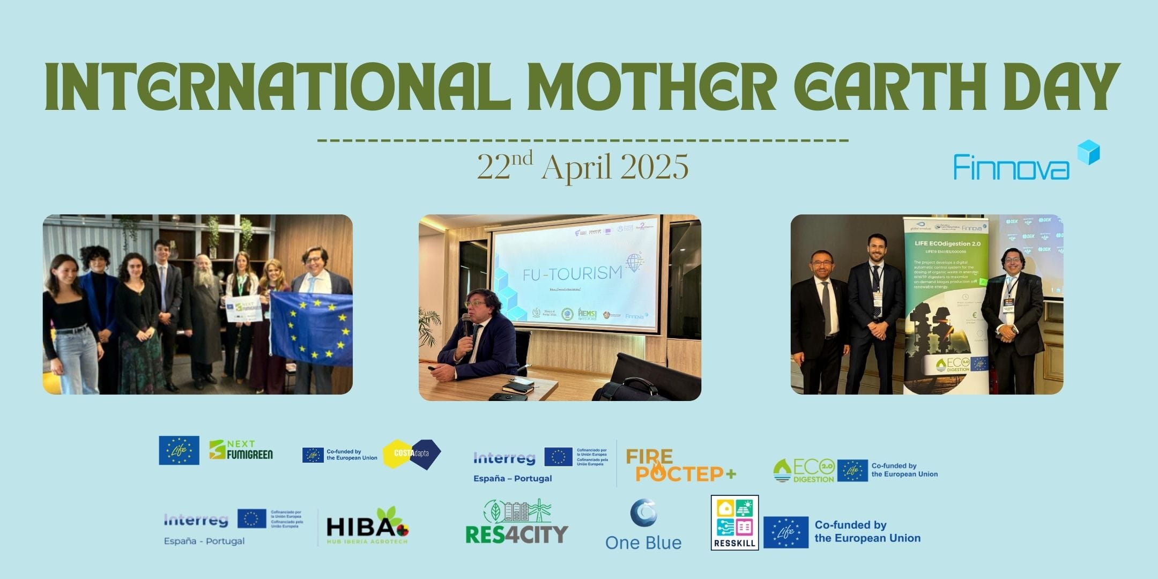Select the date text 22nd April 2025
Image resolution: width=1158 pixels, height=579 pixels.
pyautogui.click(x=583, y=167)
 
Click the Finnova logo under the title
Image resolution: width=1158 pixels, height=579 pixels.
pyautogui.click(x=1011, y=167)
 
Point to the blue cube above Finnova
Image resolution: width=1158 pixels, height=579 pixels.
pyautogui.click(x=1088, y=152)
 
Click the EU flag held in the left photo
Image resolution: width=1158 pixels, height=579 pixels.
pyautogui.click(x=311, y=330)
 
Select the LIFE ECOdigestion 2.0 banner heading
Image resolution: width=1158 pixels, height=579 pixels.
pyautogui.click(x=947, y=243)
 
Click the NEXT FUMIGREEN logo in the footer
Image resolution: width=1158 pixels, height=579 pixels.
pyautogui.click(x=241, y=450)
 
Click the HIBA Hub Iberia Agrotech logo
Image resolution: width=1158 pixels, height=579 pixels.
pyautogui.click(x=367, y=527)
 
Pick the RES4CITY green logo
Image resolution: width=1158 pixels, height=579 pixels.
pyautogui.click(x=517, y=522)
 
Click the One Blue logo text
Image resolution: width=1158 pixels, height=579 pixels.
pyautogui.click(x=643, y=543)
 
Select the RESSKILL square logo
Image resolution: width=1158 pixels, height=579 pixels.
pyautogui.click(x=734, y=522)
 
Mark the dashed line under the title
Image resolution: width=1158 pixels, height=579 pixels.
pyautogui.click(x=583, y=140)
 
